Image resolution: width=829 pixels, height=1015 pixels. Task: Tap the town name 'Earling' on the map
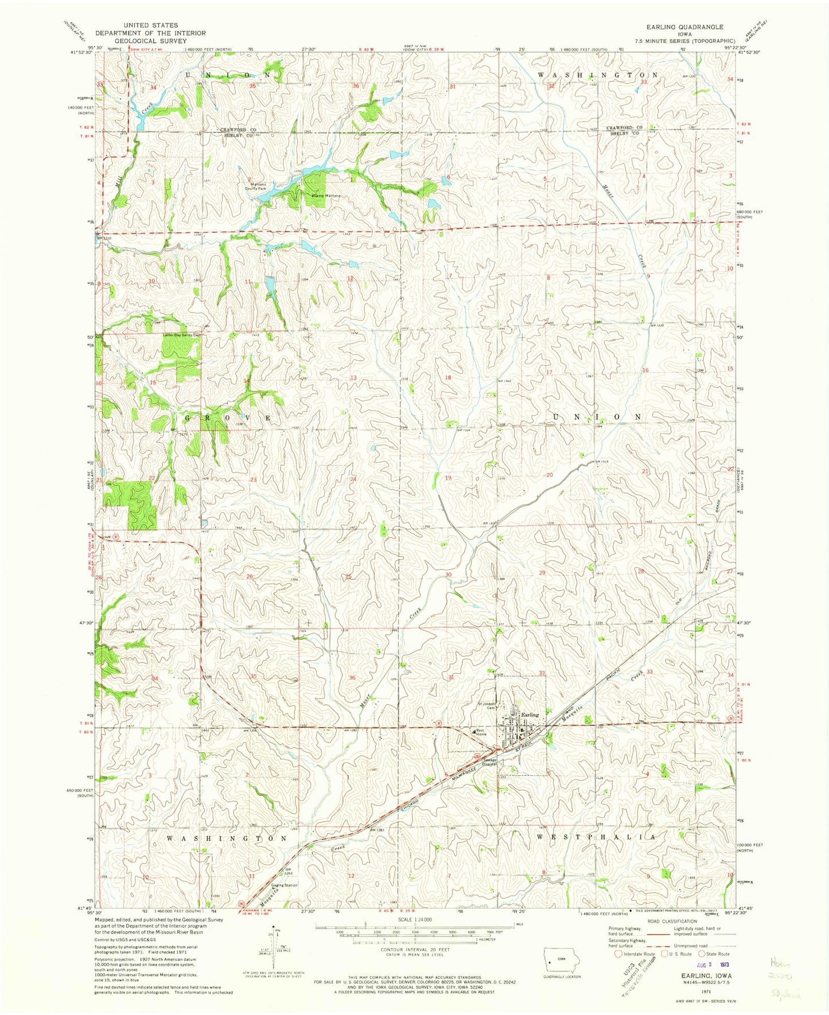coord(530,715)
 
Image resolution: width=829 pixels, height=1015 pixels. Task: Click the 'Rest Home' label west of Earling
coord(481,732)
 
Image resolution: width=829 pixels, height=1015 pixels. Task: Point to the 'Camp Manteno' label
coord(326,196)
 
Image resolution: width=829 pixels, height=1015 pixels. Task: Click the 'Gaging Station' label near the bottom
coord(284,885)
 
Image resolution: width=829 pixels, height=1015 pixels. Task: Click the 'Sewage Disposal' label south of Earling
coord(489,762)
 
